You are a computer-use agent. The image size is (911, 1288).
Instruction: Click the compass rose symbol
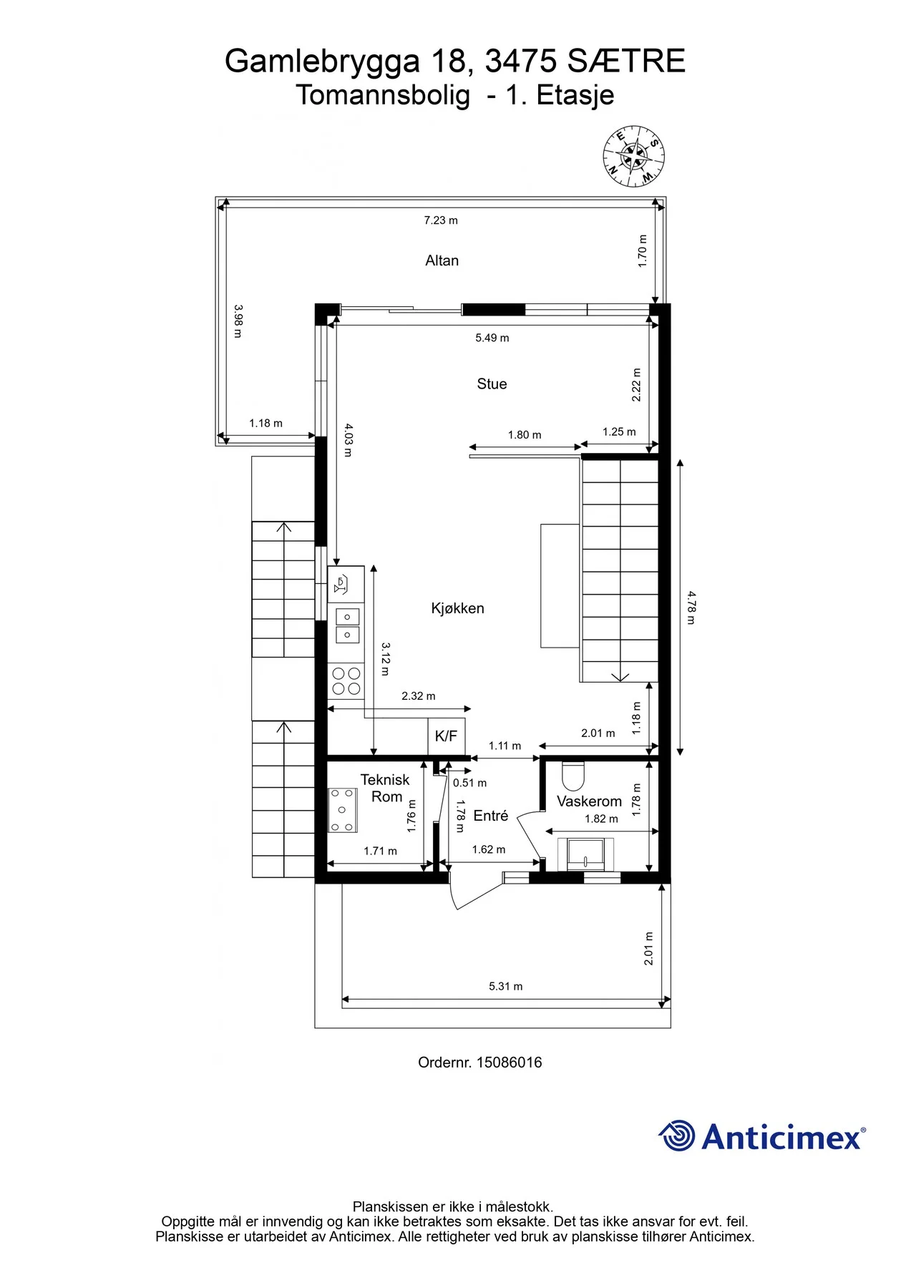(x=633, y=157)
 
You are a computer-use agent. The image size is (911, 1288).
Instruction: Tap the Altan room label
(x=442, y=260)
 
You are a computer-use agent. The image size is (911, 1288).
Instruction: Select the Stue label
(x=492, y=384)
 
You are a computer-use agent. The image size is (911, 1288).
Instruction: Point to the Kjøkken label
(x=457, y=608)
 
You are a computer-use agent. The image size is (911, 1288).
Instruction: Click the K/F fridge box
(x=447, y=736)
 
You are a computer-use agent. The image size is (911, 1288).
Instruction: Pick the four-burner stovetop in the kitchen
(x=346, y=681)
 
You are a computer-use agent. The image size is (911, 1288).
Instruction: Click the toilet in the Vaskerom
(x=573, y=776)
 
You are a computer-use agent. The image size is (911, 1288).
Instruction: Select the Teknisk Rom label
(x=386, y=789)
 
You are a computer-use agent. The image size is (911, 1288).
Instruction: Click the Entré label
(x=491, y=816)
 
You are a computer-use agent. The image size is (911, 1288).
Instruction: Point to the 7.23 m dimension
(x=441, y=220)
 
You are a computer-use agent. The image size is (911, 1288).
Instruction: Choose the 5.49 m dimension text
(x=492, y=338)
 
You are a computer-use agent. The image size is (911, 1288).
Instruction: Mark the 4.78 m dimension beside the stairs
(x=691, y=608)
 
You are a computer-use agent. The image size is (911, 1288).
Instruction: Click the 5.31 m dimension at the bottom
(x=506, y=986)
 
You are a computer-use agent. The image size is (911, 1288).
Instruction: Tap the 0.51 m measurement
(x=469, y=783)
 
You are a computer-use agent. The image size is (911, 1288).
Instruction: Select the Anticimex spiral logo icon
(x=676, y=1136)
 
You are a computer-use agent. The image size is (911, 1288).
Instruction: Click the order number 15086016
(x=510, y=1063)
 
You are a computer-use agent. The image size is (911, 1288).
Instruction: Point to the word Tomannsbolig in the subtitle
(x=384, y=95)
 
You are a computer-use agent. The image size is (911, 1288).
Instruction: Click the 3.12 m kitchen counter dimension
(x=386, y=659)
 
